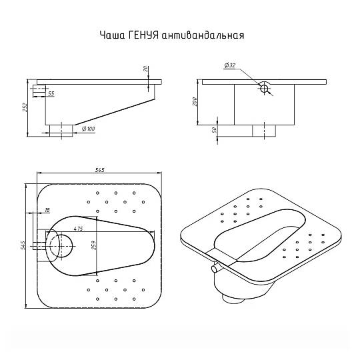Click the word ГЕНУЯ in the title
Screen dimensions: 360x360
[143, 35]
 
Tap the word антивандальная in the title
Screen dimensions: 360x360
[203, 35]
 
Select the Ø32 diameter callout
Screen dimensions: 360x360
[230, 65]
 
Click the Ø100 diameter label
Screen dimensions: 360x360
[89, 129]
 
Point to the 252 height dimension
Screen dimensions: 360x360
[25, 107]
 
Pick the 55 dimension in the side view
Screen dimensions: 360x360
[51, 94]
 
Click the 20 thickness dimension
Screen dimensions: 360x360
[145, 69]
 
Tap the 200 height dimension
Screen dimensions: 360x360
[195, 101]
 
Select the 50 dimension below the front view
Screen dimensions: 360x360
[215, 130]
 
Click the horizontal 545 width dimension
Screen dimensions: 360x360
[99, 170]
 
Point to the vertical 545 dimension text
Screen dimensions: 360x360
[22, 245]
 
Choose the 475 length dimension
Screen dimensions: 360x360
[78, 229]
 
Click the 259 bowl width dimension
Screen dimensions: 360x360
[94, 245]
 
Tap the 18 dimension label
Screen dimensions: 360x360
[47, 210]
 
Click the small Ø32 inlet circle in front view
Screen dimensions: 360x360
[264, 89]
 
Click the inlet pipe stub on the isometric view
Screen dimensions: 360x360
[215, 269]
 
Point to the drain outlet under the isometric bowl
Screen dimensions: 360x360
[233, 299]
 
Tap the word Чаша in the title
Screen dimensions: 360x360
[113, 35]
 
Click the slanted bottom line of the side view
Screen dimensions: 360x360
[115, 112]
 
